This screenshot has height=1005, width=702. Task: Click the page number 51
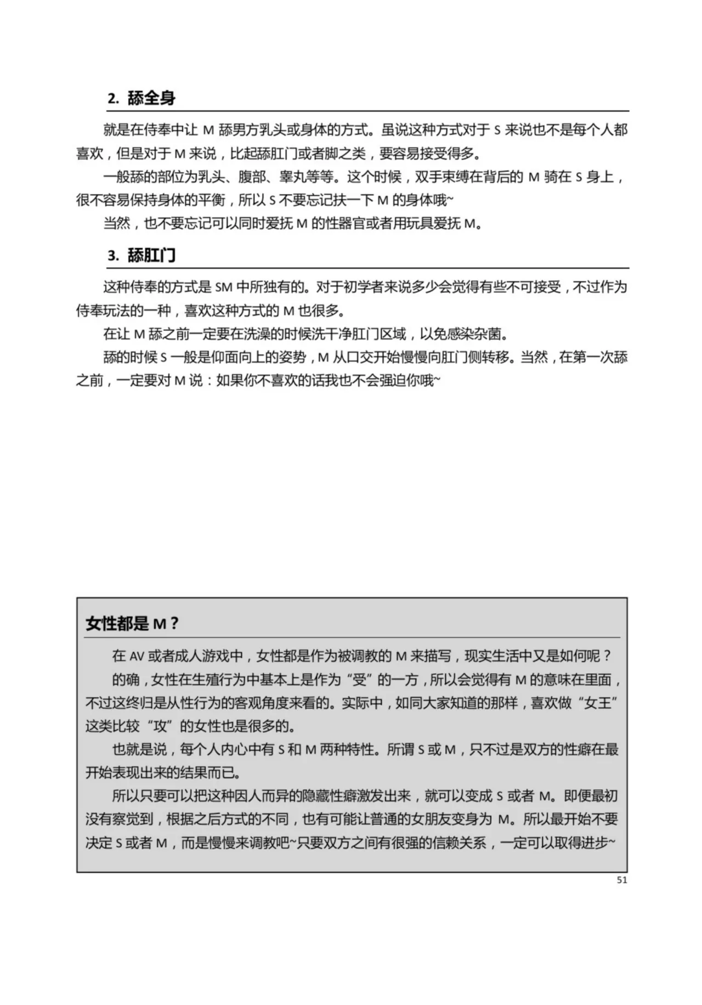[621, 880]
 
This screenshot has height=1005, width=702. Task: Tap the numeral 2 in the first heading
[111, 99]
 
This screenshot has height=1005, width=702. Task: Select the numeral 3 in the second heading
[111, 256]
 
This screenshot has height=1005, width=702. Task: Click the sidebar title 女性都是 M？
[132, 624]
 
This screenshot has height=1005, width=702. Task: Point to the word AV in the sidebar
[136, 656]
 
